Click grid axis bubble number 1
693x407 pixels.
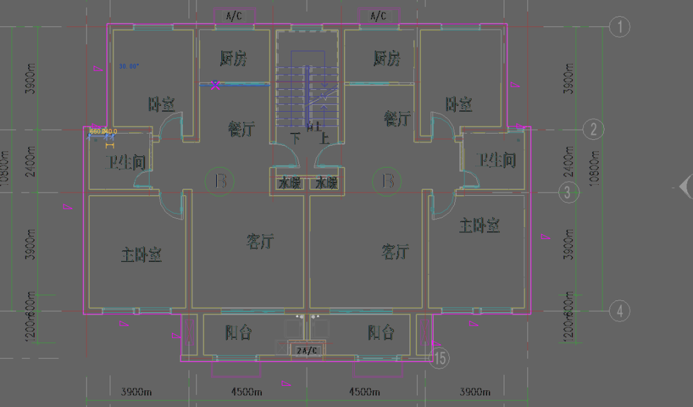coord(619,27)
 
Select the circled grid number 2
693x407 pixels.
coord(594,130)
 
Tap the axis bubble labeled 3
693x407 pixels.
coord(568,192)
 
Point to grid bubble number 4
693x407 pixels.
coord(619,311)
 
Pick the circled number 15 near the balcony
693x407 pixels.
coord(440,358)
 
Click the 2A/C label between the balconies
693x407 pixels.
coord(307,351)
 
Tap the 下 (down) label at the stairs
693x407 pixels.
coord(295,137)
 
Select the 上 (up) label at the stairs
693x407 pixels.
coord(325,137)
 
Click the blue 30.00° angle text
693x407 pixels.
coord(129,66)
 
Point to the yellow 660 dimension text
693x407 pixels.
coord(96,131)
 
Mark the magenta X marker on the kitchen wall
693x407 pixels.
coord(216,83)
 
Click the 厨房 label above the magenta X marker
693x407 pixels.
coord(234,59)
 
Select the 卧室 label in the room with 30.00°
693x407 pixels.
coord(161,104)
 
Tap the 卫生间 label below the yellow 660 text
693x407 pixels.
coord(125,162)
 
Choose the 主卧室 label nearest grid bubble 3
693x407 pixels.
coord(479,225)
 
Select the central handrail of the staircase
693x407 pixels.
coord(307,90)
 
